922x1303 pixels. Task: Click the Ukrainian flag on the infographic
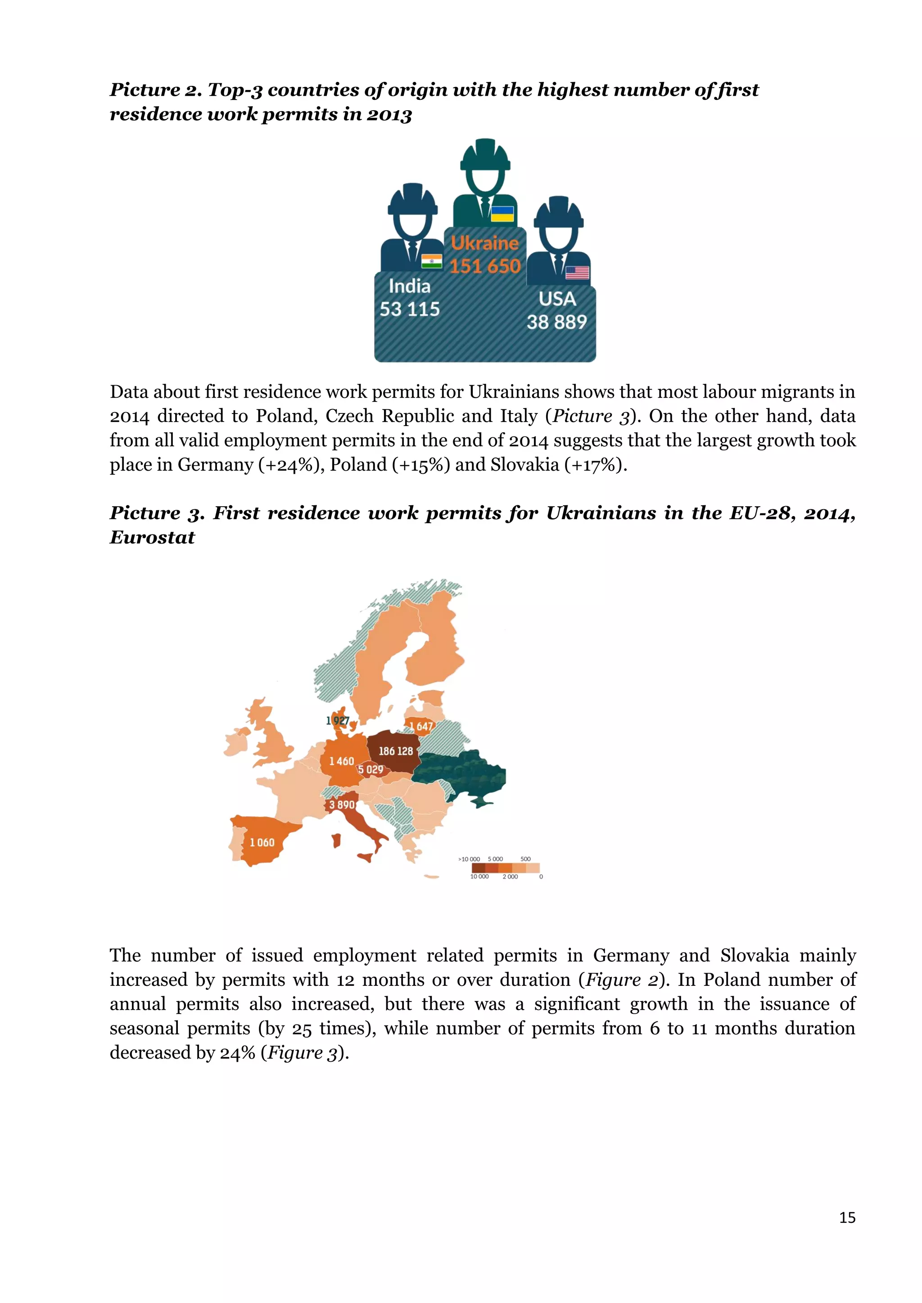(x=502, y=214)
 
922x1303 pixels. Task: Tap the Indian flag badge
(x=431, y=261)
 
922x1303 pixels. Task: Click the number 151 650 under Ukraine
(x=485, y=266)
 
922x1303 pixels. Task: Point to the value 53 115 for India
(x=409, y=309)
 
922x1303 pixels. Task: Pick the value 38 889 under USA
(x=556, y=322)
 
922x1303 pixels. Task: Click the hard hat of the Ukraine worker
(x=485, y=154)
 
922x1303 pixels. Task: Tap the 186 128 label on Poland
(x=396, y=751)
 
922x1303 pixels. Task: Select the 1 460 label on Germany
(x=341, y=761)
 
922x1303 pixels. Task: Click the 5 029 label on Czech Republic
(x=371, y=769)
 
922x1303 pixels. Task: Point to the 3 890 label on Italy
(x=342, y=805)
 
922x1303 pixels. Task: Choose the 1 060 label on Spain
(x=262, y=843)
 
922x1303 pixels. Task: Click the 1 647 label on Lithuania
(x=420, y=726)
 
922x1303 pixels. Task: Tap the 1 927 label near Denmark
(x=337, y=721)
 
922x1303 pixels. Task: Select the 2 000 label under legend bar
(x=510, y=877)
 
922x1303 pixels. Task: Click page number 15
(x=847, y=1218)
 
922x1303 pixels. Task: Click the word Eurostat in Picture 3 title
(x=152, y=537)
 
